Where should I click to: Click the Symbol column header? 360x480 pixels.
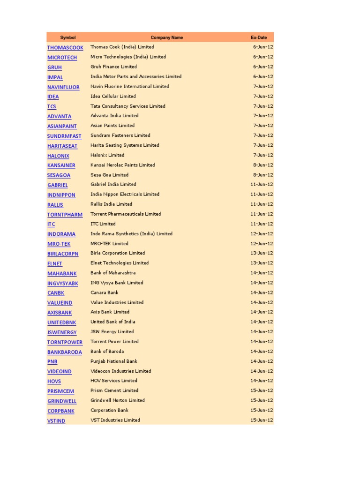68,37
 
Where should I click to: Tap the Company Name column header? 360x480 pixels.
167,37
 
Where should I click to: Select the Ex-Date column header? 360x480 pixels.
259,37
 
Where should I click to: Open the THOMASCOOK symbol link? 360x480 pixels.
65,48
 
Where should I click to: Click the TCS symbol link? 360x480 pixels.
52,107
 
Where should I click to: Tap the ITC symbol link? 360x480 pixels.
51,225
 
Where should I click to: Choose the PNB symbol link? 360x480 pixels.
52,362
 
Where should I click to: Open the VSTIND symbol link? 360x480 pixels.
56,421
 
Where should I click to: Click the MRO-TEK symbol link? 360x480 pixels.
59,244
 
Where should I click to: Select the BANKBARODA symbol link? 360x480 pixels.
65,352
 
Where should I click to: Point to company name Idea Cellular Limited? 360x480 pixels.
113,96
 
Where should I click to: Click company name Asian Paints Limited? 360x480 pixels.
112,126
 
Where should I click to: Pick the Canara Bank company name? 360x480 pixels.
105,292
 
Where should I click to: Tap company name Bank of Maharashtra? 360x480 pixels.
113,273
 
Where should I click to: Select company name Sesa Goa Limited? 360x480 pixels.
109,175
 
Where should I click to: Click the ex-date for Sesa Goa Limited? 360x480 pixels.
263,175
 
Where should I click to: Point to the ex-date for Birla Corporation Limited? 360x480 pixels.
262,253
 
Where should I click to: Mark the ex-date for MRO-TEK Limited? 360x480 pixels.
262,243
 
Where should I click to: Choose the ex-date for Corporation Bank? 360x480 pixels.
262,410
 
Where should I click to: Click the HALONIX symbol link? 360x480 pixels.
58,156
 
